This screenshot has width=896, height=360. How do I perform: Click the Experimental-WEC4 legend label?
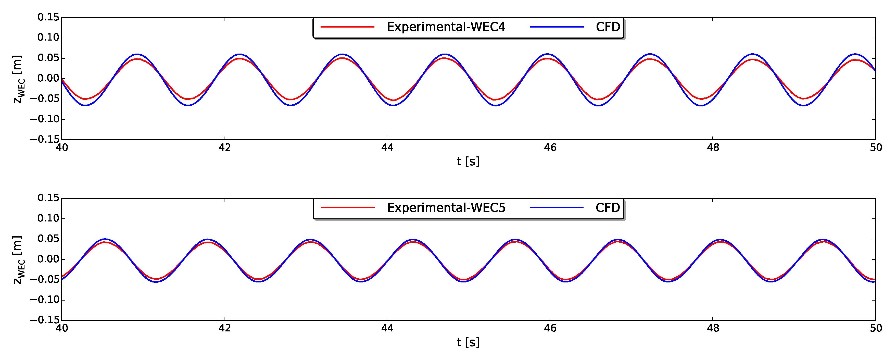[446, 27]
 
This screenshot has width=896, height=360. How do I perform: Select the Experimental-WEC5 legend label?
[446, 208]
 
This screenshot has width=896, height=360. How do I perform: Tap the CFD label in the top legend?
[608, 27]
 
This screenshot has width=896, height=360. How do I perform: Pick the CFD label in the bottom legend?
[608, 208]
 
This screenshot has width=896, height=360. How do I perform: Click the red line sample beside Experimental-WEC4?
[347, 27]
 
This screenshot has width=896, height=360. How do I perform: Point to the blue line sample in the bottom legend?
[557, 208]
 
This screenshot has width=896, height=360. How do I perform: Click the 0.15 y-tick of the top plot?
[48, 17]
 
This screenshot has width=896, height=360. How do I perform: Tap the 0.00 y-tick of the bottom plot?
[48, 259]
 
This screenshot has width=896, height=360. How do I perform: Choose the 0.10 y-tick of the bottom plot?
[48, 218]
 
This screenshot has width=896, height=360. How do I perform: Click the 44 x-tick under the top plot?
[387, 148]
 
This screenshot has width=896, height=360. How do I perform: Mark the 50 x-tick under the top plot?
[876, 148]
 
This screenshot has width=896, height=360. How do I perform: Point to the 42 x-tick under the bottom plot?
[224, 328]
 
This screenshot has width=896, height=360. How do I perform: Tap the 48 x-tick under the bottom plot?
[713, 328]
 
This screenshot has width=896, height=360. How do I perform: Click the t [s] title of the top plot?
[468, 162]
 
